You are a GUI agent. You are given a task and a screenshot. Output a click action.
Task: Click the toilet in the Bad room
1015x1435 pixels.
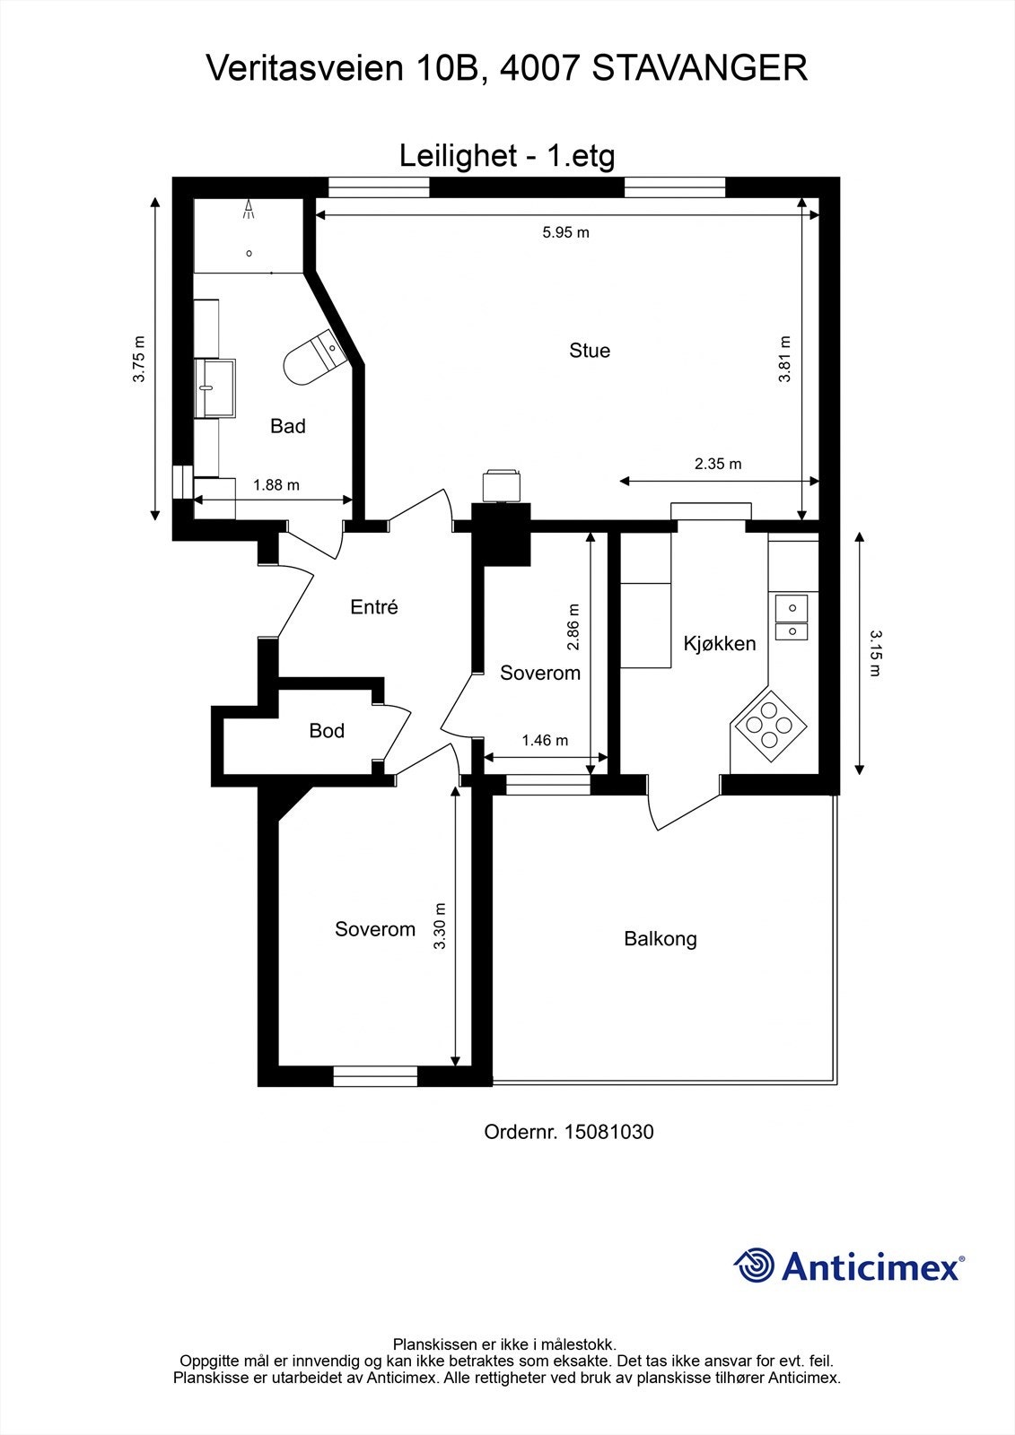click(314, 356)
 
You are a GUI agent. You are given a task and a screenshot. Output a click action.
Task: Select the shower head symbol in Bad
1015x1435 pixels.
click(248, 210)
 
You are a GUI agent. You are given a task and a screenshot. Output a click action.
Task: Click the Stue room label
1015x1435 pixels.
click(590, 351)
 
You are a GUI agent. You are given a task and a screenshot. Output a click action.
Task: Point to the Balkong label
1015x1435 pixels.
click(660, 939)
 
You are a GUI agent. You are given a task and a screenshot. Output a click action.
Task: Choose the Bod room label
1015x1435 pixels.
click(327, 730)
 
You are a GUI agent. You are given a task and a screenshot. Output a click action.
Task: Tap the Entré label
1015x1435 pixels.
click(374, 606)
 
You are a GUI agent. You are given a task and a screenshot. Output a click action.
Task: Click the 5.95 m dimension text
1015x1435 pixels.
click(565, 232)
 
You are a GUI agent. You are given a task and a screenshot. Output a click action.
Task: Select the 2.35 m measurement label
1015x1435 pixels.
click(717, 463)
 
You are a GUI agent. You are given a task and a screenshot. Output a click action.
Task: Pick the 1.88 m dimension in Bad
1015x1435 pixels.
click(276, 485)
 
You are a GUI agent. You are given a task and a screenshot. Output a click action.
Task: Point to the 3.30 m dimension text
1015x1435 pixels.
click(440, 926)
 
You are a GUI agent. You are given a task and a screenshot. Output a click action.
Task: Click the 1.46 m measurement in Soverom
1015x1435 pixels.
click(545, 741)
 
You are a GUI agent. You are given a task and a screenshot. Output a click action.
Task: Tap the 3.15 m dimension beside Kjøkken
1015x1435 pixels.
click(875, 653)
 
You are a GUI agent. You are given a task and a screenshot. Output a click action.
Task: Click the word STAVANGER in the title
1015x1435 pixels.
click(699, 68)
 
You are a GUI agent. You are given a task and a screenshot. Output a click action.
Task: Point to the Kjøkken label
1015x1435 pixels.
click(720, 643)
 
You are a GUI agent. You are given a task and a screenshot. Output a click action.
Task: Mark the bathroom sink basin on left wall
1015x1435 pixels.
click(215, 388)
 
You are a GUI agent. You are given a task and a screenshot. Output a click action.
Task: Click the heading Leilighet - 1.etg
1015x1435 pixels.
click(507, 156)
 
